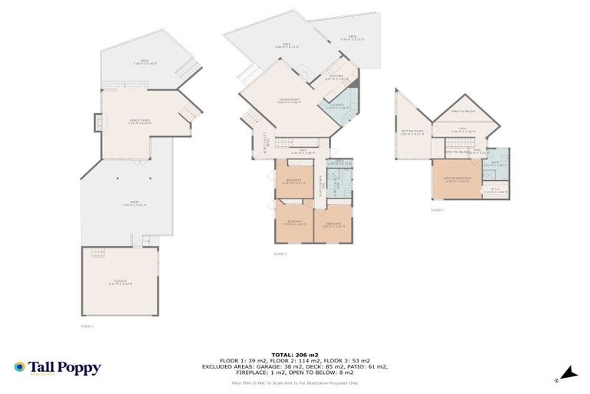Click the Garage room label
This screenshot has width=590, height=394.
[x=119, y=283]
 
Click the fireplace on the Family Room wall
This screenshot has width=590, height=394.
[x=98, y=122]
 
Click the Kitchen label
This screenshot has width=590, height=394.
[x=336, y=77]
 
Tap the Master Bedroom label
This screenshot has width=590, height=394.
[x=457, y=181]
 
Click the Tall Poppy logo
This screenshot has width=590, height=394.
[x=58, y=368]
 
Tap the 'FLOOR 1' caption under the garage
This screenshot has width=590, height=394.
[x=87, y=326]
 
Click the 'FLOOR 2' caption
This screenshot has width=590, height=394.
[x=280, y=253]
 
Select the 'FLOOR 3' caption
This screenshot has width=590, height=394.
[x=436, y=209]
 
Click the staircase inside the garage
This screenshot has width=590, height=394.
[x=98, y=253]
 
